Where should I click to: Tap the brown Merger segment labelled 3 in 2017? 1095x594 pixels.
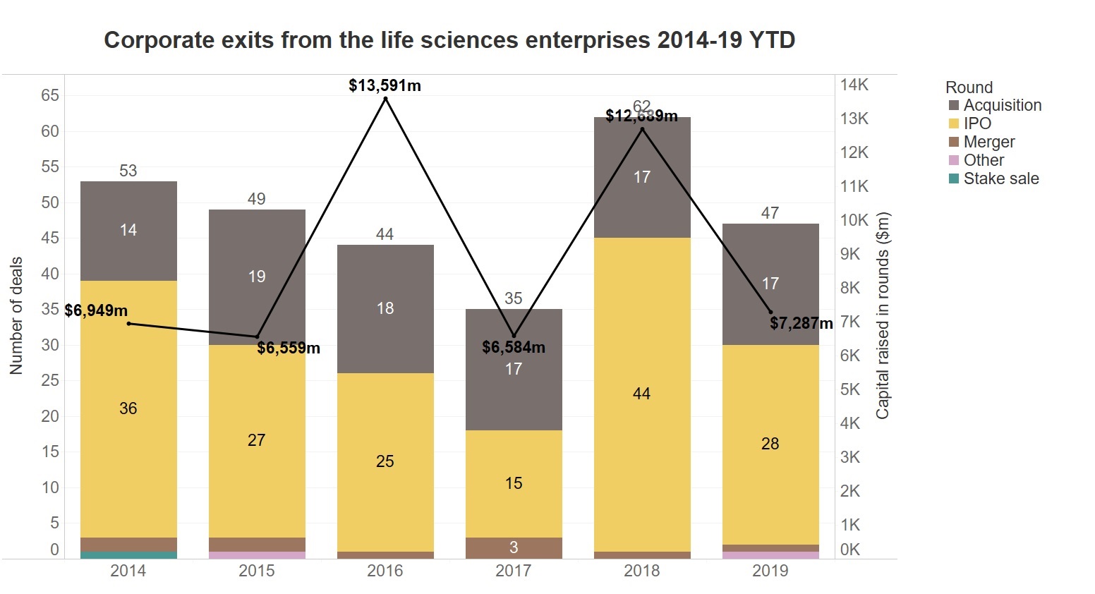pyautogui.click(x=514, y=547)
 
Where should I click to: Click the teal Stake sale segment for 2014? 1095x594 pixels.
pyautogui.click(x=128, y=555)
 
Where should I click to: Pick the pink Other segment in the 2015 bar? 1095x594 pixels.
pyautogui.click(x=257, y=555)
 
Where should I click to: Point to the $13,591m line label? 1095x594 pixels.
pyautogui.click(x=385, y=86)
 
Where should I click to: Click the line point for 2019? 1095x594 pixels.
pyautogui.click(x=770, y=313)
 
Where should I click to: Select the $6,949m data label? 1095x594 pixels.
pyautogui.click(x=96, y=310)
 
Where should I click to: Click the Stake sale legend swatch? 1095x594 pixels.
pyautogui.click(x=954, y=178)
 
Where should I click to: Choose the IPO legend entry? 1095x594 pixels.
pyautogui.click(x=977, y=123)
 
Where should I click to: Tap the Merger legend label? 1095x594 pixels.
pyautogui.click(x=989, y=142)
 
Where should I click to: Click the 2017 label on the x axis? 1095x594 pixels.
pyautogui.click(x=514, y=571)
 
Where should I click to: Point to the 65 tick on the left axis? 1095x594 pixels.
pyautogui.click(x=50, y=95)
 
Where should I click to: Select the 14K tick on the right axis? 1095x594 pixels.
pyautogui.click(x=854, y=85)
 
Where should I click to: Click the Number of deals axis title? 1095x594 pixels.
pyautogui.click(x=16, y=315)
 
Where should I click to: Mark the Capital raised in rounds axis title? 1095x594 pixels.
pyautogui.click(x=883, y=315)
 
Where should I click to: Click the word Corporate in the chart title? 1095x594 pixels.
pyautogui.click(x=150, y=40)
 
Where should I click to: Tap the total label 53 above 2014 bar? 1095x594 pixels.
pyautogui.click(x=128, y=171)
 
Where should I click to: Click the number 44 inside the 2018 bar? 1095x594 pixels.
pyautogui.click(x=642, y=394)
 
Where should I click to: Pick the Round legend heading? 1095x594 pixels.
pyautogui.click(x=969, y=87)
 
